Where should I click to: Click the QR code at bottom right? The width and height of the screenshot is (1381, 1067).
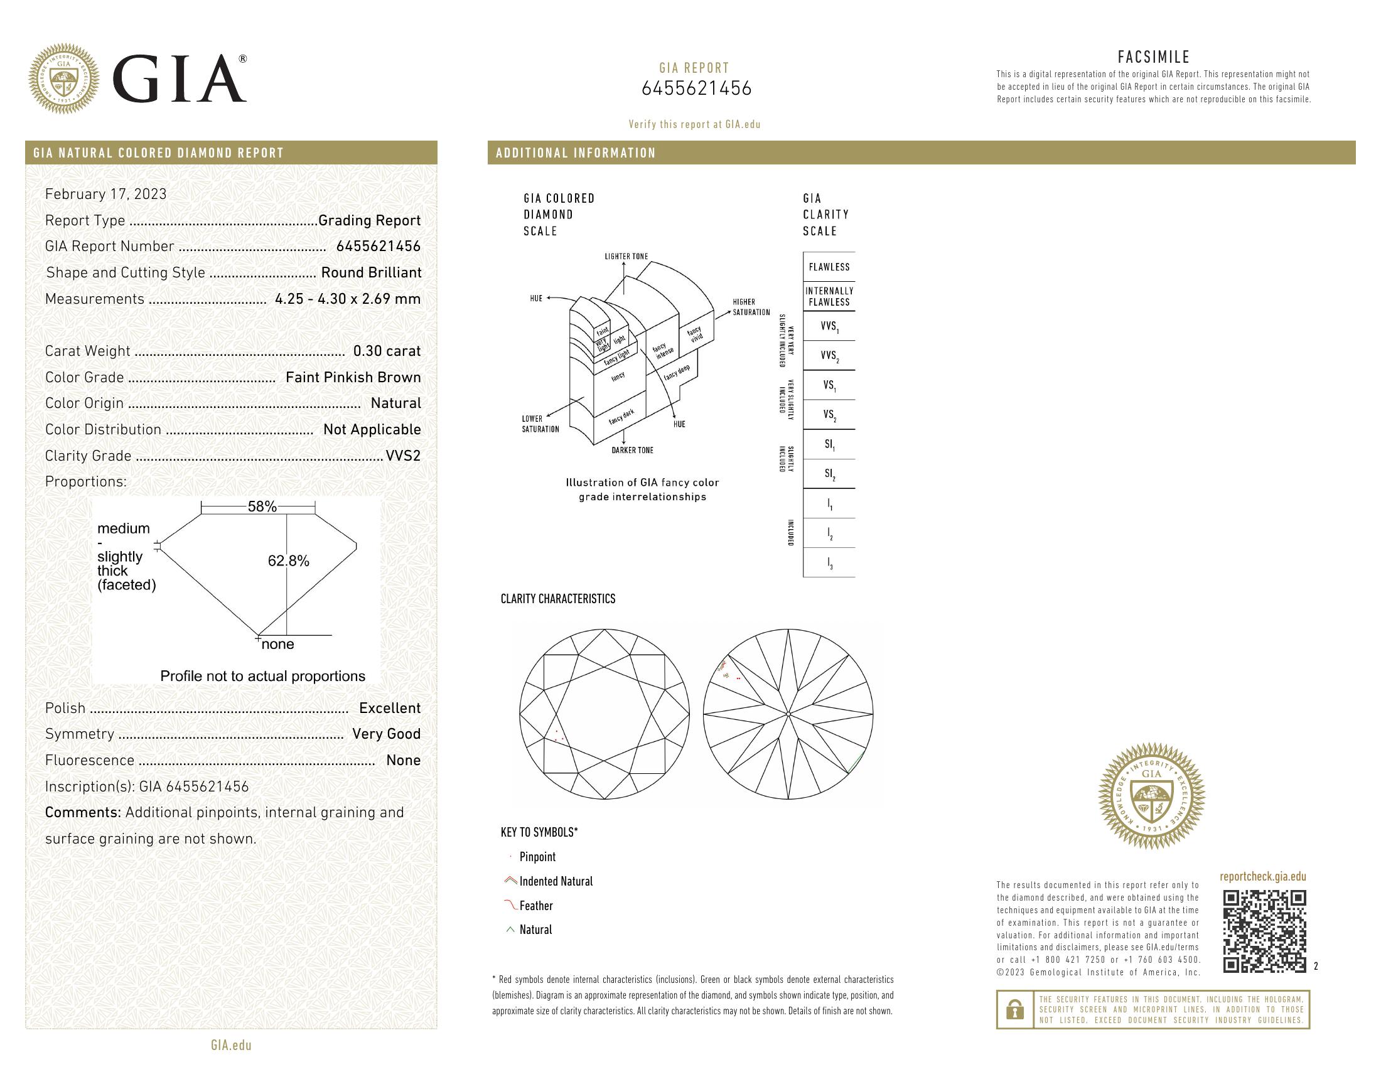[x=1264, y=931]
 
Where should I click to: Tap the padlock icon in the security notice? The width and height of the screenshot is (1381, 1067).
[x=1014, y=1009]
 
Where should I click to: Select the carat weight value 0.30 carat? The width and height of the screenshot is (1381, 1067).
[x=386, y=351]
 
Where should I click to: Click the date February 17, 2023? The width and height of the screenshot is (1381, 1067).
[x=105, y=194]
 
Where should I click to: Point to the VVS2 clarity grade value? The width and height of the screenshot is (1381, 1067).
[x=403, y=456]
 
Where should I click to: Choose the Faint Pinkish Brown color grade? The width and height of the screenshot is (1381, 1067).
[x=353, y=377]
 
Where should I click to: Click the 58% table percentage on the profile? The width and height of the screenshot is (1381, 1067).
[x=262, y=507]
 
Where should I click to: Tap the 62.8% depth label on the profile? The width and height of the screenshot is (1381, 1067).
[x=288, y=560]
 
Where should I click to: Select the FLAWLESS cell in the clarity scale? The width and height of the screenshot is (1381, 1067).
[x=829, y=267]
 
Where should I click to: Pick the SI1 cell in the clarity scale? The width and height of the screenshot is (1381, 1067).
[x=829, y=444]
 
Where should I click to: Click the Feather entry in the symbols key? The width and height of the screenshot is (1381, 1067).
[x=535, y=906]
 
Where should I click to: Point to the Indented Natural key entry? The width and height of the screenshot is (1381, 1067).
[x=555, y=881]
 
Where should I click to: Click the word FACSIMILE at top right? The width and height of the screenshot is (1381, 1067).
[x=1153, y=57]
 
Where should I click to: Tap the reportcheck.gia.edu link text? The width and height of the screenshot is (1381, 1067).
[x=1262, y=876]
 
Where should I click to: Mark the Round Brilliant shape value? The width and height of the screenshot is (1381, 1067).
[x=370, y=272]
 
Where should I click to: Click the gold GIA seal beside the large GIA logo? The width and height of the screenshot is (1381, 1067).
[x=64, y=79]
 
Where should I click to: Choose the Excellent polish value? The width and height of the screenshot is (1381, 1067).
[x=390, y=708]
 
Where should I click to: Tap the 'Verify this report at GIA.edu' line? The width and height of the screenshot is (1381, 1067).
[x=694, y=124]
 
